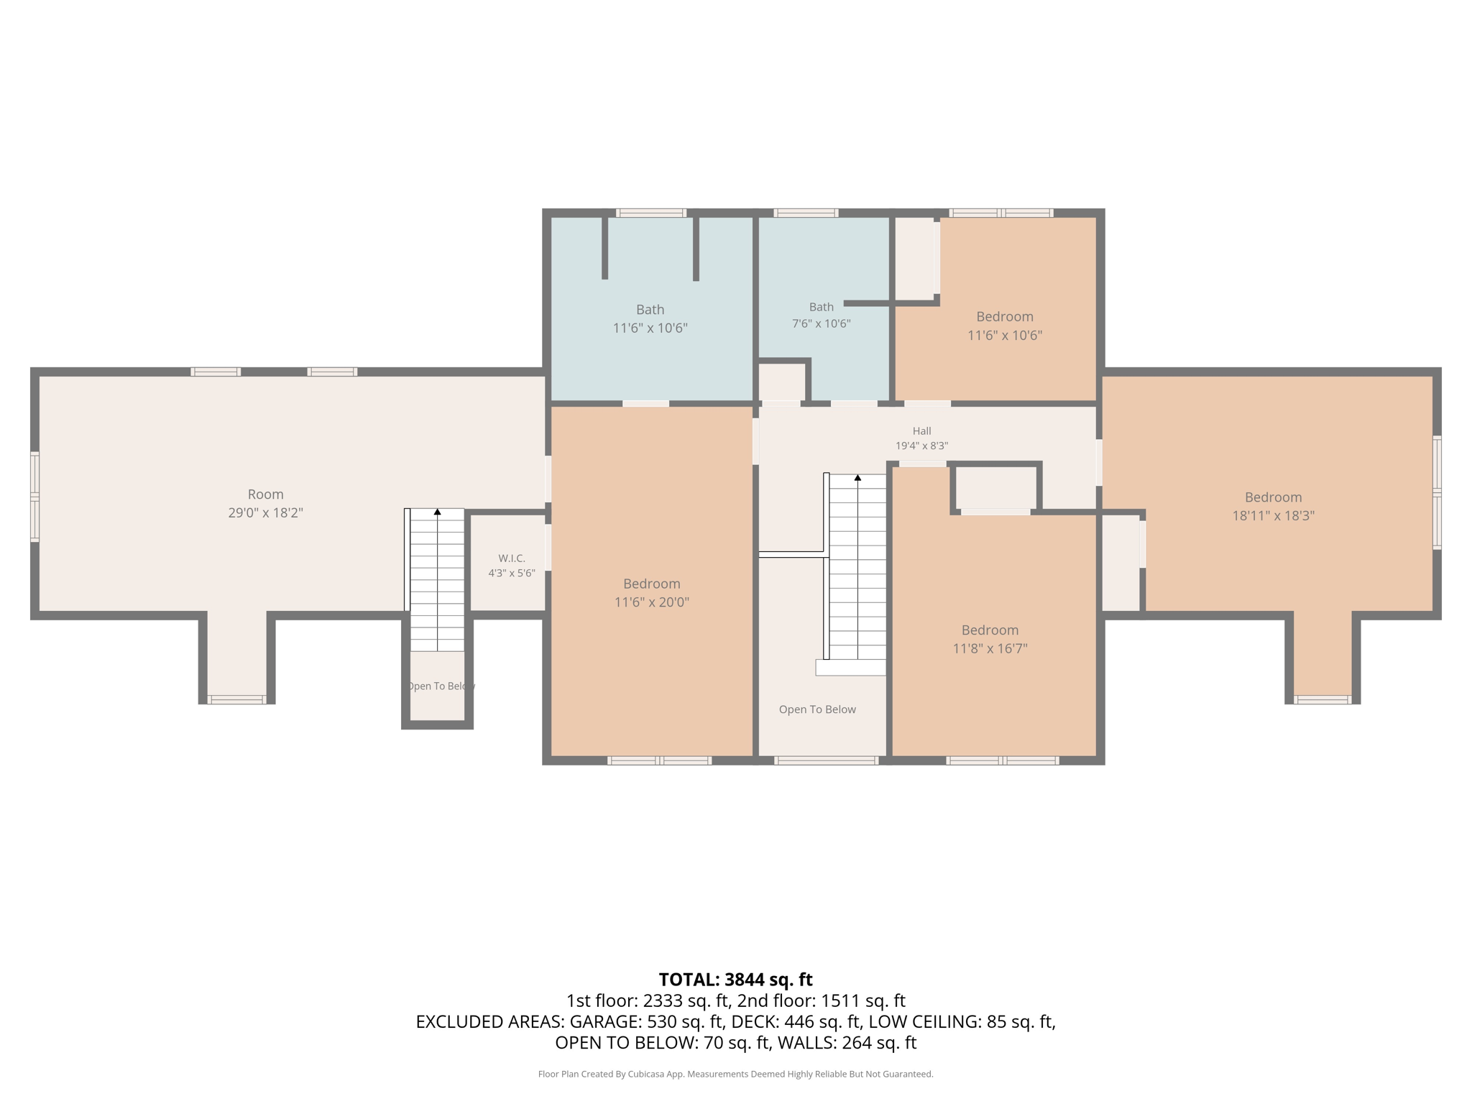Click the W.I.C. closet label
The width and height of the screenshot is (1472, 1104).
[x=512, y=558]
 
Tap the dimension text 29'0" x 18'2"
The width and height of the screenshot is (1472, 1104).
[x=266, y=513]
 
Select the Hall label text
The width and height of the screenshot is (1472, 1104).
[x=922, y=431]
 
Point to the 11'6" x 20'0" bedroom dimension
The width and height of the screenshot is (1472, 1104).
[x=652, y=602]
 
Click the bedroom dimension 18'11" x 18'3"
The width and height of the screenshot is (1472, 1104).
[x=1274, y=515]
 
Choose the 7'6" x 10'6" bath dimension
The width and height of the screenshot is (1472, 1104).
[x=822, y=323]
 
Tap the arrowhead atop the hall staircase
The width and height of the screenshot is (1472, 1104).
[x=857, y=477]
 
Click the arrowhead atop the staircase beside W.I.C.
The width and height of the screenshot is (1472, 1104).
[x=437, y=512]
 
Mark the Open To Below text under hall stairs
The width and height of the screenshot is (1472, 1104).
[x=817, y=709]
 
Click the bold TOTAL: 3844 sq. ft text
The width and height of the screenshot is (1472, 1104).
[x=736, y=980]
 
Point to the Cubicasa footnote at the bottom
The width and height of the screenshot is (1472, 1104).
[x=736, y=1075]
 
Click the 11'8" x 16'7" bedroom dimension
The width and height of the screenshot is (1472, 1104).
[x=990, y=648]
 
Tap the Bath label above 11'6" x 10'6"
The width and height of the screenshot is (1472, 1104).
[x=650, y=310]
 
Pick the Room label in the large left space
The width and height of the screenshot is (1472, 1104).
[x=266, y=494]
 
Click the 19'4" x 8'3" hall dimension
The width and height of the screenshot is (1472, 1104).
[x=922, y=446]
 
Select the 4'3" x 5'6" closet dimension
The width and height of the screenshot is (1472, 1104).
[x=512, y=574]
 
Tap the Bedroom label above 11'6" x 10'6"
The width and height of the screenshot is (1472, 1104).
[x=1005, y=317]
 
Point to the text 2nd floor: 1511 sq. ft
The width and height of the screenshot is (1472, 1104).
[x=822, y=1001]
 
